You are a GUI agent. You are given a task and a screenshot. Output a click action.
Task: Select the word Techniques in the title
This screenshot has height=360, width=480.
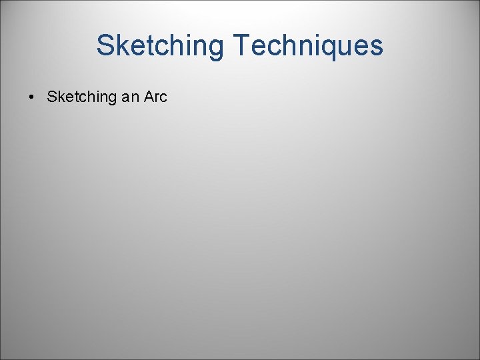click(x=308, y=45)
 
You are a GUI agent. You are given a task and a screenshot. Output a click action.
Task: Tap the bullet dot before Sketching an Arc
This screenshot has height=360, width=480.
click(x=31, y=97)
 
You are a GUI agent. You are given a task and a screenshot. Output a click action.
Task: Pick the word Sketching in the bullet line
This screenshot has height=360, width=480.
click(x=81, y=97)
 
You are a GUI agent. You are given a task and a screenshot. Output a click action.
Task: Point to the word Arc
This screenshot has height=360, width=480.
click(x=155, y=97)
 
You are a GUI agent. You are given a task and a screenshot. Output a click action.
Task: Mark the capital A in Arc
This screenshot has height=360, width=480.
click(x=148, y=97)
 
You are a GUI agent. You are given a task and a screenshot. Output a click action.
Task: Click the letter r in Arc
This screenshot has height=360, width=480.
click(x=157, y=98)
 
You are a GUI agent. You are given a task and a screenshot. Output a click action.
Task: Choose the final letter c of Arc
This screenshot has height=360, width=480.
click(x=163, y=98)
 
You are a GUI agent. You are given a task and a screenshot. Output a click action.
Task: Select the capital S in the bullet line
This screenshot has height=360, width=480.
click(x=51, y=97)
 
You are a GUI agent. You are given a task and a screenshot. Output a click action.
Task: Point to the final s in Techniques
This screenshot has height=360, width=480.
click(x=377, y=47)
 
